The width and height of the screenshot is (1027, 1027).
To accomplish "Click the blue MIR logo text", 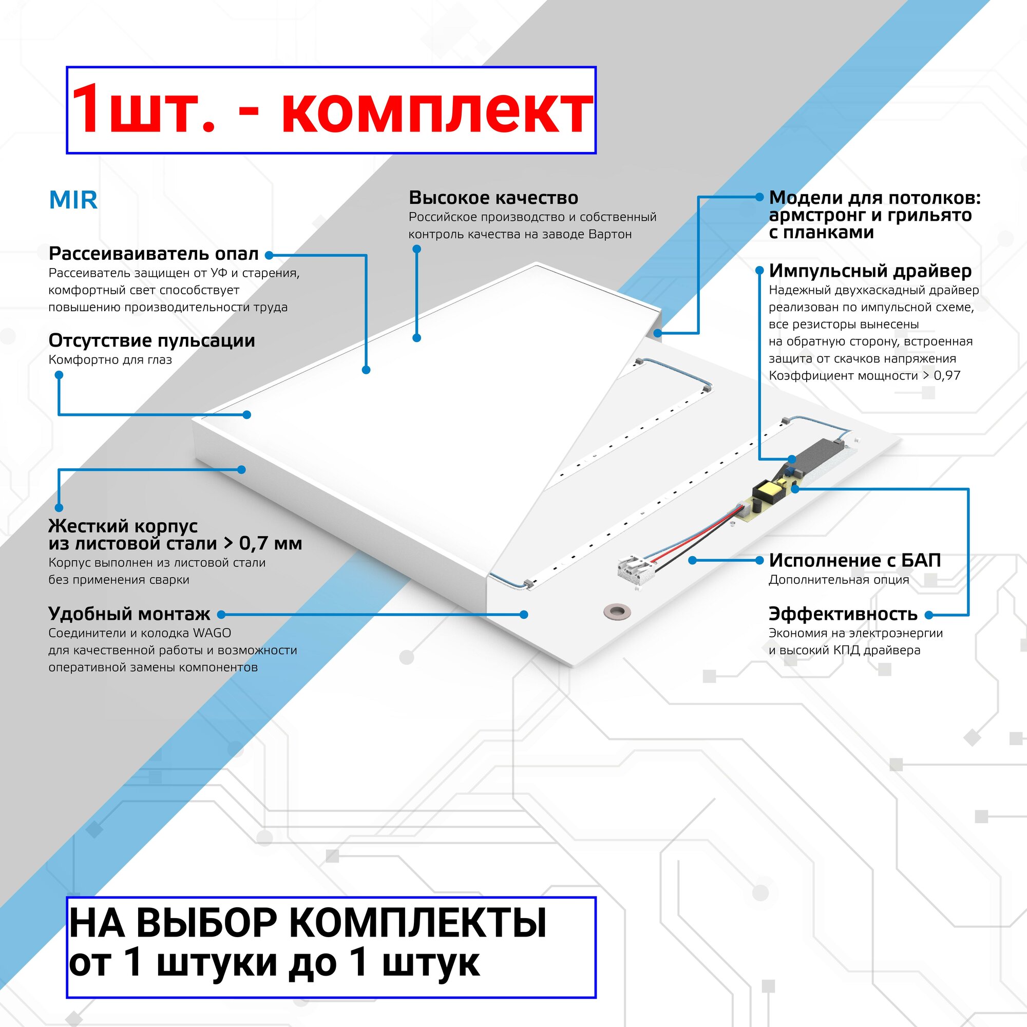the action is [73, 200].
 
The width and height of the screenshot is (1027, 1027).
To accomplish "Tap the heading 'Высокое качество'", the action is [493, 198].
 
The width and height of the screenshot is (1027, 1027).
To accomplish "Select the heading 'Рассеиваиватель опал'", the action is [154, 254].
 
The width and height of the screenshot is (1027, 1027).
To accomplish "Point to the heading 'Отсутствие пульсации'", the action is [151, 341].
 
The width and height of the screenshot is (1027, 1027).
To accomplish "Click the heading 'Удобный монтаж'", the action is [129, 614].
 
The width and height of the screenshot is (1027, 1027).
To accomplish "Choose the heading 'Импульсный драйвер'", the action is [870, 271].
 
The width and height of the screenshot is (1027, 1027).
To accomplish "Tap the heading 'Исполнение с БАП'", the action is [854, 560].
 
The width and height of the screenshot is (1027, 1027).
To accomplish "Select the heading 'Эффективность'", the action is [843, 614].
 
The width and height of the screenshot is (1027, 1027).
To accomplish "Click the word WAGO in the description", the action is [212, 633].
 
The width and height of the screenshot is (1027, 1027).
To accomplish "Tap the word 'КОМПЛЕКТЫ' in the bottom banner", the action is [418, 923].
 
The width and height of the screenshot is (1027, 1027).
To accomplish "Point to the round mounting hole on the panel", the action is [616, 611].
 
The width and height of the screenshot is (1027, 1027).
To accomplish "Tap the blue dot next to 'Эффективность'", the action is [928, 615].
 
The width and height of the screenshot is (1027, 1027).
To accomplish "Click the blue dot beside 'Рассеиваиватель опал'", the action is [269, 255].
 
